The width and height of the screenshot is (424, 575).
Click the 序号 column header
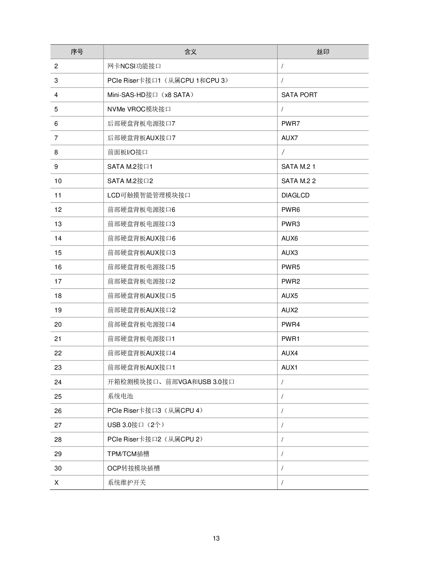click(77, 52)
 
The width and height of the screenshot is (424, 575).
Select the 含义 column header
click(190, 52)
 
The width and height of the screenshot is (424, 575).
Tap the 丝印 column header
click(323, 52)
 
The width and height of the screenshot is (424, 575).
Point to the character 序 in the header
click(74, 52)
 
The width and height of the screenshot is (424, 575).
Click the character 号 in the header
click(80, 52)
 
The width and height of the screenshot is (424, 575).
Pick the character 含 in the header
click(187, 52)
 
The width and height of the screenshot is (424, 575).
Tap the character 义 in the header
click(194, 52)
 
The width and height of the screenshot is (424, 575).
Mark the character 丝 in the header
click(320, 52)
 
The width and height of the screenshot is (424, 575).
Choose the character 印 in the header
click(326, 52)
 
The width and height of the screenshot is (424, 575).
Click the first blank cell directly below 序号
click(77, 66)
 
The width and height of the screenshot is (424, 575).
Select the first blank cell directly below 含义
click(190, 66)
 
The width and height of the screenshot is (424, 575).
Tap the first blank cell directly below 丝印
click(323, 66)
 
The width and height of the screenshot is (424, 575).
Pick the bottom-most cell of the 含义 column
click(190, 482)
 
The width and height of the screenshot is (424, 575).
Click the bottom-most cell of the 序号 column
click(77, 482)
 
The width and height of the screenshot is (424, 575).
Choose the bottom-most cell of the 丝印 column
click(323, 482)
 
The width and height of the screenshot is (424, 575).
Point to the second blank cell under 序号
click(77, 80)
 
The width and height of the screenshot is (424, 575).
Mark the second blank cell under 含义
click(190, 80)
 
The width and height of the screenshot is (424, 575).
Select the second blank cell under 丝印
click(323, 80)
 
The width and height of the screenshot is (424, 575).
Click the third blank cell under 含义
click(190, 95)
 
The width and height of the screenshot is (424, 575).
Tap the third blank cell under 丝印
click(323, 95)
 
